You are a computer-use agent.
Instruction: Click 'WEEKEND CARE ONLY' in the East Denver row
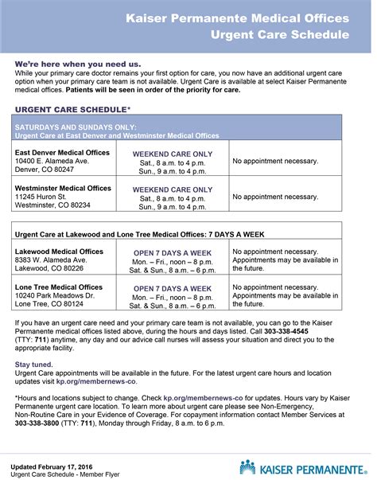pyautogui.click(x=173, y=153)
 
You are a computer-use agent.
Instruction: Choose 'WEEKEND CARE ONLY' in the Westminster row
pyautogui.click(x=173, y=189)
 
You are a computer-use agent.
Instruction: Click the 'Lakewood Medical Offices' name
pyautogui.click(x=59, y=251)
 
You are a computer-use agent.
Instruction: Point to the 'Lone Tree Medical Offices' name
pyautogui.click(x=59, y=287)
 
